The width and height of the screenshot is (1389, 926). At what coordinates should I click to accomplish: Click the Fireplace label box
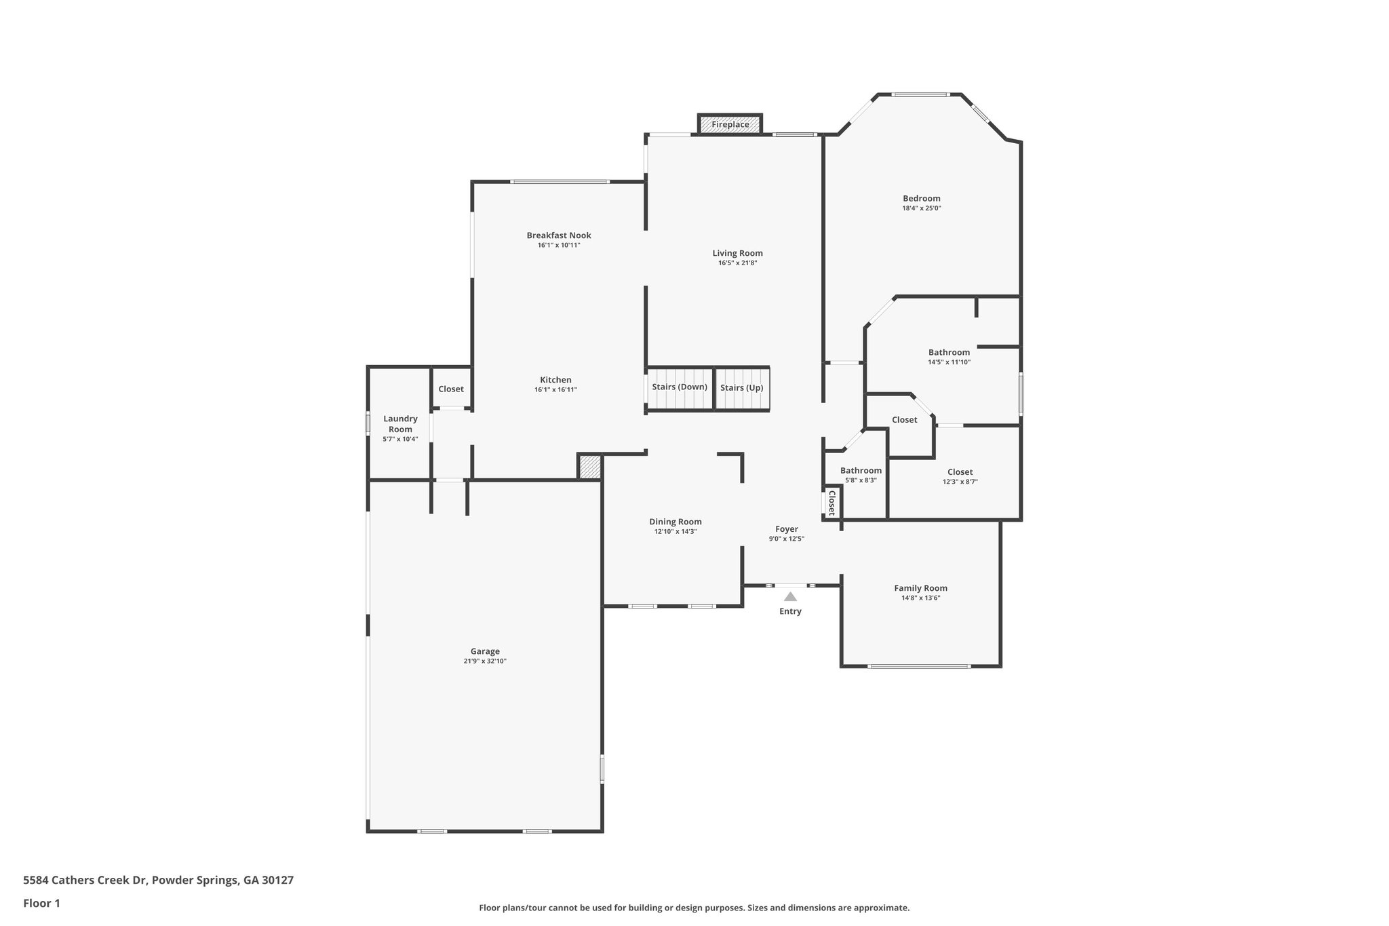(x=730, y=125)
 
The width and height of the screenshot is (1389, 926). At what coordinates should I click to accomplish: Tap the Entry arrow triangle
(x=790, y=597)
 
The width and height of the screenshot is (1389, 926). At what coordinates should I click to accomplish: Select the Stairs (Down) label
(x=680, y=387)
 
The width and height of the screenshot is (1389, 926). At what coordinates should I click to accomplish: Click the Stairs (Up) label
(x=741, y=388)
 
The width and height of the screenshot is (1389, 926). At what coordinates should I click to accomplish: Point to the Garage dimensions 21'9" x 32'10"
(x=485, y=661)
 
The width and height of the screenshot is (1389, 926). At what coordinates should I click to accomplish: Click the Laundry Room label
(x=400, y=424)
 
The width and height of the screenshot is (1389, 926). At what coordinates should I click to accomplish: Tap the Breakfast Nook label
(x=559, y=235)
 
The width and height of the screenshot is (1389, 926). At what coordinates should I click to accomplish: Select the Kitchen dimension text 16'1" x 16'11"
(x=555, y=390)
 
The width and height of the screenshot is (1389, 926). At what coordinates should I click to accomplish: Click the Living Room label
(x=737, y=253)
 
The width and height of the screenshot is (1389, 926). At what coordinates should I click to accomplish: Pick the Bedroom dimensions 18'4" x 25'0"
(x=921, y=209)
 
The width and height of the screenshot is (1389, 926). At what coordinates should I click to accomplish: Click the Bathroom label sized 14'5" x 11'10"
(x=949, y=352)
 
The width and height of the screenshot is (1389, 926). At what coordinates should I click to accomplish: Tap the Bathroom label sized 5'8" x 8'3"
(x=861, y=470)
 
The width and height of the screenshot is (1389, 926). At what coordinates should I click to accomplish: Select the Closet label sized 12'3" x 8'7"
(x=960, y=472)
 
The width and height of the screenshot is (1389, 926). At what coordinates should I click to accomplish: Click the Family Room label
(x=920, y=588)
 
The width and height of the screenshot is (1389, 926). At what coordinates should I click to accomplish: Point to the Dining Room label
(x=675, y=522)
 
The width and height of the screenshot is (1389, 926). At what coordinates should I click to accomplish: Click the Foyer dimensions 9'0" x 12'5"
(x=786, y=539)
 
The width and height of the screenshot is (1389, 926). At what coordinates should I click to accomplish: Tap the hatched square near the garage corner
(x=589, y=467)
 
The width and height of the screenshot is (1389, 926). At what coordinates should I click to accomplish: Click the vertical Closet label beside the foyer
(x=832, y=503)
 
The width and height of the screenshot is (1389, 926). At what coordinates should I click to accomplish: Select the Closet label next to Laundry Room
(x=451, y=389)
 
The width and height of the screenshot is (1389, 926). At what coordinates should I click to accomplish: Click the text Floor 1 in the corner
(x=41, y=903)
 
